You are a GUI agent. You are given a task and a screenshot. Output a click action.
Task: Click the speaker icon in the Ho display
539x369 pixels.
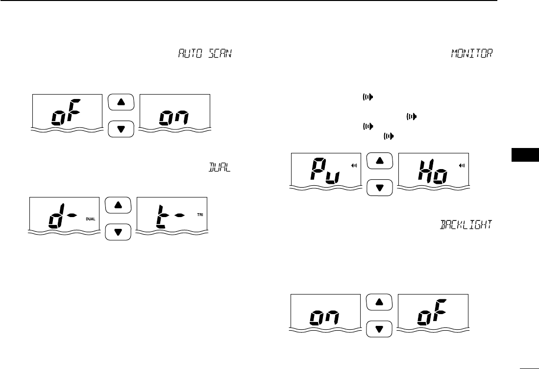(462, 166)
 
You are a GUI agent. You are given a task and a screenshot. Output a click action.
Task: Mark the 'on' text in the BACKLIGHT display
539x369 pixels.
(324, 319)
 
